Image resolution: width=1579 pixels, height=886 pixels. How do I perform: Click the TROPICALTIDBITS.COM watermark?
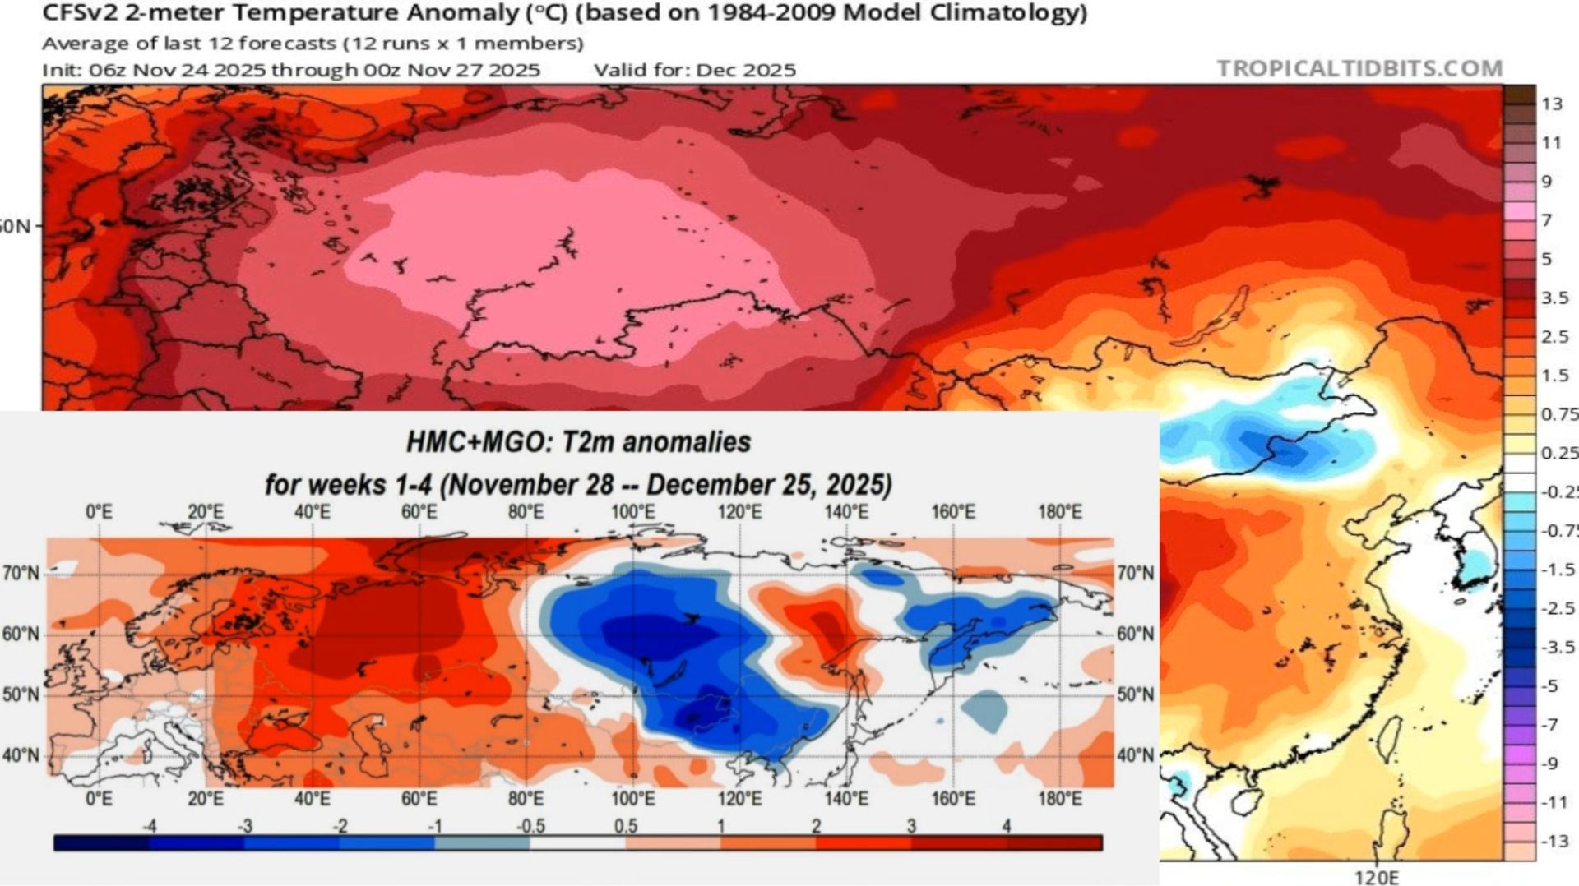1359,68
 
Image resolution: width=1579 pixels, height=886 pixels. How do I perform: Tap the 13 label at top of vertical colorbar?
1551,104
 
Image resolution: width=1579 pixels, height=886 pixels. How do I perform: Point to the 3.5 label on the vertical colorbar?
1554,298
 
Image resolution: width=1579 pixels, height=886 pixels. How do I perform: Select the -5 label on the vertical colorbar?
1549,685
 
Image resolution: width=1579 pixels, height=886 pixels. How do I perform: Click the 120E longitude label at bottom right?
1376,877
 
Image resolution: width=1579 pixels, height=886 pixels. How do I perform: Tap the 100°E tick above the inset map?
632,512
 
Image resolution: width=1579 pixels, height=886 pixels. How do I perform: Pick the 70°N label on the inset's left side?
21,573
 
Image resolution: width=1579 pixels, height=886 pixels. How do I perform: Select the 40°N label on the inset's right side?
1136,754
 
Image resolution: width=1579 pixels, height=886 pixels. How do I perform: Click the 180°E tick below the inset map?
1060,798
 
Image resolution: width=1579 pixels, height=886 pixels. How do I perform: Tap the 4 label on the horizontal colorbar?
1006,826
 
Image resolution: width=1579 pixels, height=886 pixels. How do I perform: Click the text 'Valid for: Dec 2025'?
695,70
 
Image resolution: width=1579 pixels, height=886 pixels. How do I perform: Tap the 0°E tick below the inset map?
99,798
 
